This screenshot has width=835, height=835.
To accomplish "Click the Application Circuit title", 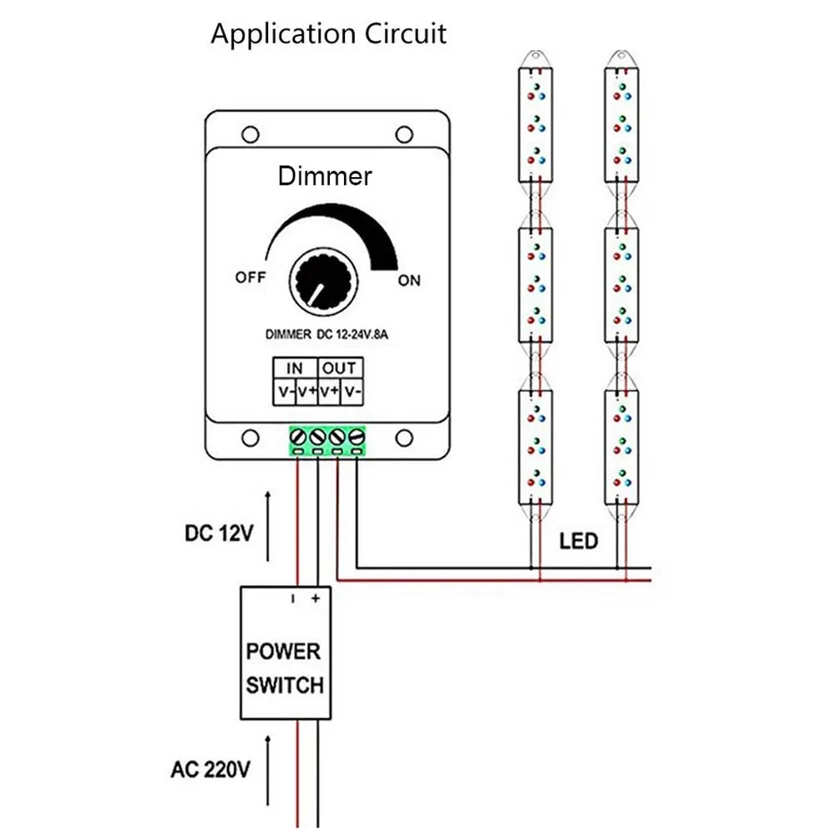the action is pos(328,34).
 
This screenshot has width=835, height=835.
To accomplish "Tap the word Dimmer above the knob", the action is pos(325,176).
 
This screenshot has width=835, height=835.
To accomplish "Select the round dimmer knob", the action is pos(324,281).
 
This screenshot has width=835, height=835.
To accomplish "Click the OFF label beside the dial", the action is pos(250,277).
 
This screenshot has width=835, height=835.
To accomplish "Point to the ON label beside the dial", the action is pos(409,280).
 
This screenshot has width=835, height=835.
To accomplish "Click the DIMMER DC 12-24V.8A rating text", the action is pos(326,335).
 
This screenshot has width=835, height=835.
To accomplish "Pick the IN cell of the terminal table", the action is pos(295,368).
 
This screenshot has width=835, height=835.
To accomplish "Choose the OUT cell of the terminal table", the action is pos(341,368).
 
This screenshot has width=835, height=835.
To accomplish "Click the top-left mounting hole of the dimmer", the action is pos(250,134).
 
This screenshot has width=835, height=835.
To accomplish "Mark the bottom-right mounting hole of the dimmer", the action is pos(404,438).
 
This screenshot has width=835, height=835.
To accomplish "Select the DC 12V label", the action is pos(219,533).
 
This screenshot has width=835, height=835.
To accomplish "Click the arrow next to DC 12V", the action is pos(268,526).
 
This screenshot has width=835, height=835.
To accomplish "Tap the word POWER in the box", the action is pos(283,651).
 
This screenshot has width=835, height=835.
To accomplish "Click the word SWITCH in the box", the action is pos(285,685).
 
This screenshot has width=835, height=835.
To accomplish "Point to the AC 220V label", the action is pos(210,770).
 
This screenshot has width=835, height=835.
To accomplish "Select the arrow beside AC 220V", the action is pos(268,771).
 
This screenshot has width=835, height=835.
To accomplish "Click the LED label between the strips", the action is pos(579,541).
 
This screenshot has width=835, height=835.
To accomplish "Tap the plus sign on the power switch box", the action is pos(316,599).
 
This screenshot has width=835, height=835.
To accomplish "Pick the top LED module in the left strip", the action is pos(536,124).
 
